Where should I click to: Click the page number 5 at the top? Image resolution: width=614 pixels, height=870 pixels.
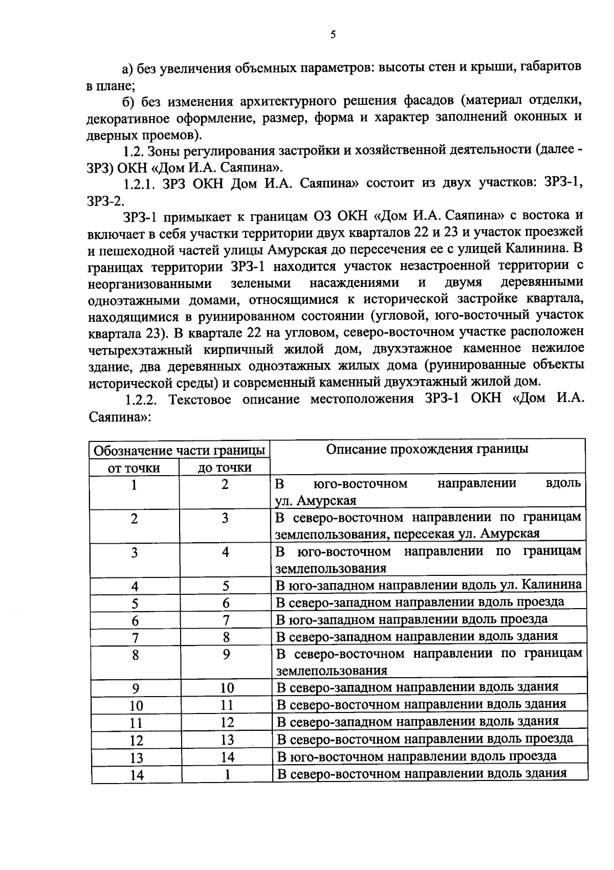[x=333, y=35]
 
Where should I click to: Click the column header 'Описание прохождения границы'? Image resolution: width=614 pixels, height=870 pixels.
[x=427, y=449]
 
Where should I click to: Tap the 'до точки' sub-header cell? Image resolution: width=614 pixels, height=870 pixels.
[x=225, y=467]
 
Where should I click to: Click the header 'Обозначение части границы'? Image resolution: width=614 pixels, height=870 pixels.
[x=180, y=451]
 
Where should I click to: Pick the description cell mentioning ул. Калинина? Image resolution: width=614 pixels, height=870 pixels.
[x=428, y=585]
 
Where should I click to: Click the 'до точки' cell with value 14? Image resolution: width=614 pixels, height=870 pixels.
[x=227, y=757]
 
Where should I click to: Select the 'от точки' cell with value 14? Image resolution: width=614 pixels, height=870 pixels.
[x=136, y=775]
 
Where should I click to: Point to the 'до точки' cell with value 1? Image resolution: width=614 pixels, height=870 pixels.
[x=227, y=775]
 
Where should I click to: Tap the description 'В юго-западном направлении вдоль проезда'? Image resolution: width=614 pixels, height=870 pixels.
[x=411, y=619]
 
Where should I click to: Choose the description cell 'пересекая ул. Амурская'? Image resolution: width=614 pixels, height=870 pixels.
[x=427, y=525]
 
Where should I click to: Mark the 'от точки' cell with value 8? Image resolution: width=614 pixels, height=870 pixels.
[x=135, y=655]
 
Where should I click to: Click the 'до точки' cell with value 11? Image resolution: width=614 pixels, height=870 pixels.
[x=227, y=705]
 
